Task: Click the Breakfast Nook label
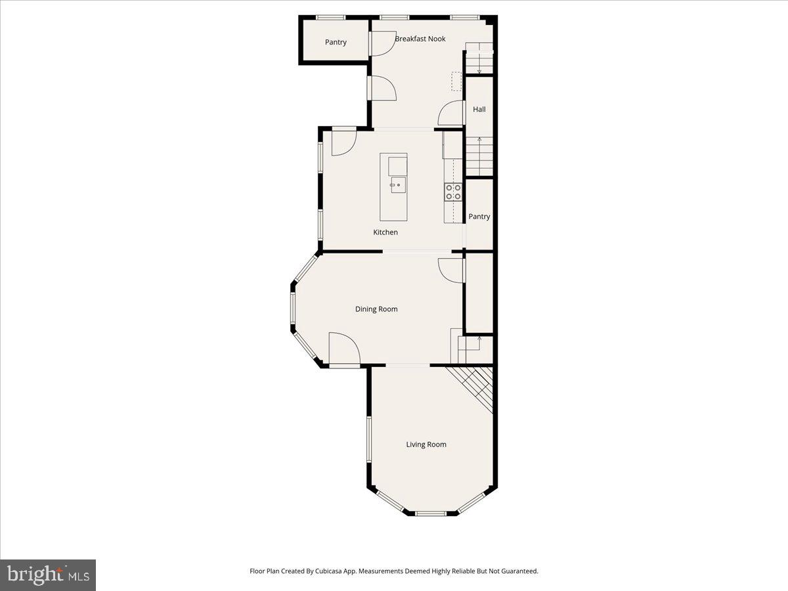[420, 39]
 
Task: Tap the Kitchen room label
[385, 232]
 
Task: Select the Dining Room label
[376, 309]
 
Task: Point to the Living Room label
[426, 445]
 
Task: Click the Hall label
[479, 110]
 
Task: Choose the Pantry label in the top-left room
[336, 43]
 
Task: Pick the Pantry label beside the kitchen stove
[479, 217]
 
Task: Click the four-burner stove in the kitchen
[453, 192]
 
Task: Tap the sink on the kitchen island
[397, 185]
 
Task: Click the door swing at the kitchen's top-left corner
[342, 143]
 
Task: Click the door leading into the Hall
[452, 114]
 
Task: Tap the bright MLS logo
[48, 575]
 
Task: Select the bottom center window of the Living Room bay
[431, 513]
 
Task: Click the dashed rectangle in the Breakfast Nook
[456, 81]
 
